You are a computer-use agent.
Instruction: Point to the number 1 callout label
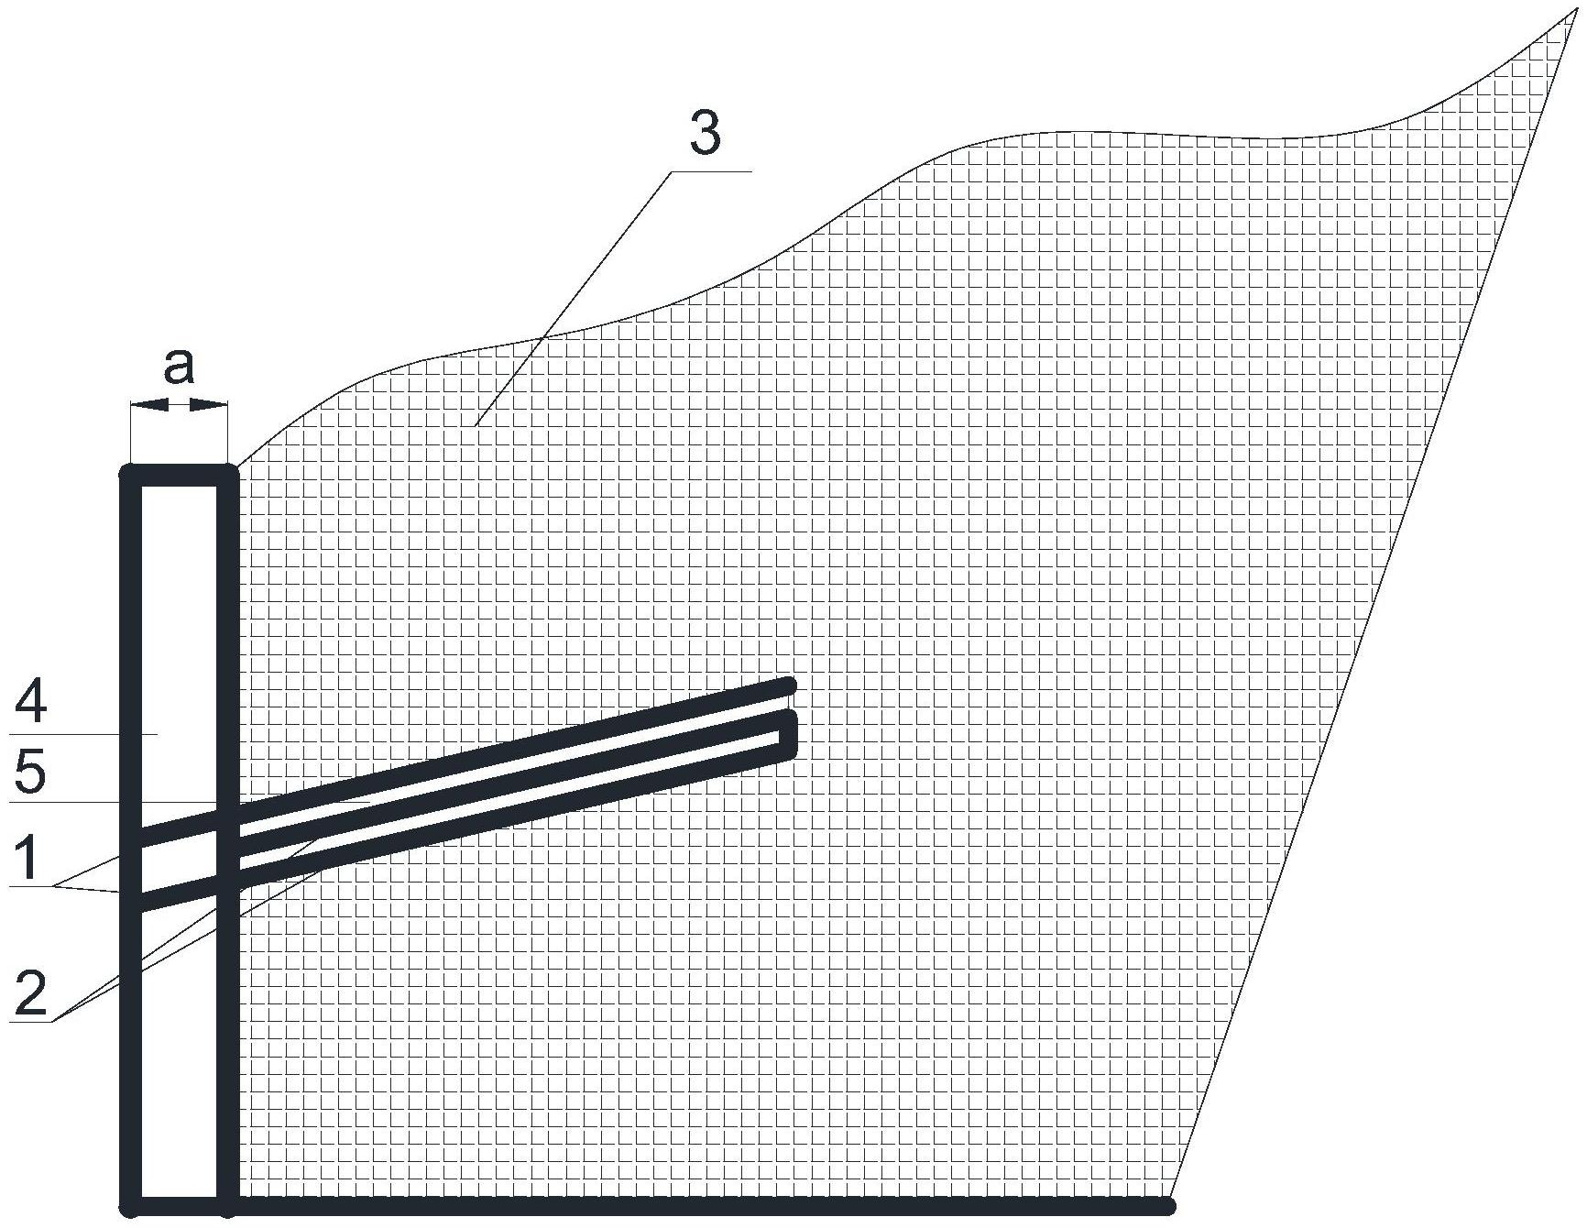coord(27,860)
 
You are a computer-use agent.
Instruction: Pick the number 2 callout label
coord(30,992)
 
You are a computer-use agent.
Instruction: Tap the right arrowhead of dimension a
coord(208,403)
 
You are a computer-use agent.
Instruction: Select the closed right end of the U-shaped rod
coord(787,733)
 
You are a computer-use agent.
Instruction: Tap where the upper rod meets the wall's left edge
coord(131,839)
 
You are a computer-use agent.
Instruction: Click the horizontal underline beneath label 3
coord(711,171)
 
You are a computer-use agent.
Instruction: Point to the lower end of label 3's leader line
coord(475,426)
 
